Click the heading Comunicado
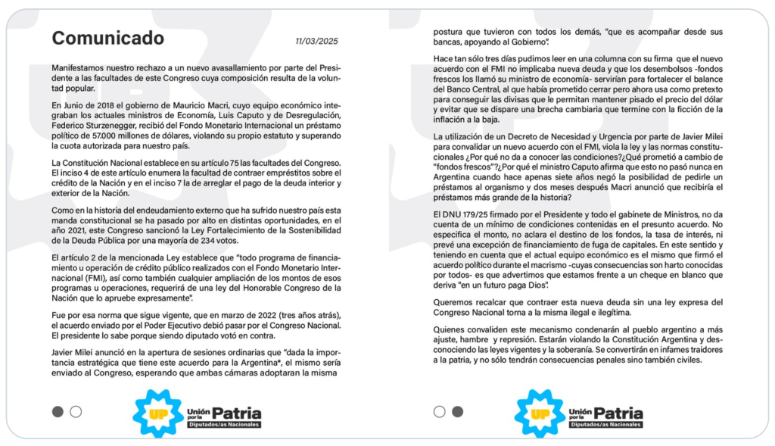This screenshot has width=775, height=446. (107, 38)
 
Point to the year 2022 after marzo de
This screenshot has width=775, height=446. (257, 314)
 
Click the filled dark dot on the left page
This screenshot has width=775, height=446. (58, 412)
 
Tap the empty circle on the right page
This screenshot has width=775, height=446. (439, 412)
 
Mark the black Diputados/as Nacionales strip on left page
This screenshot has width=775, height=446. (224, 425)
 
